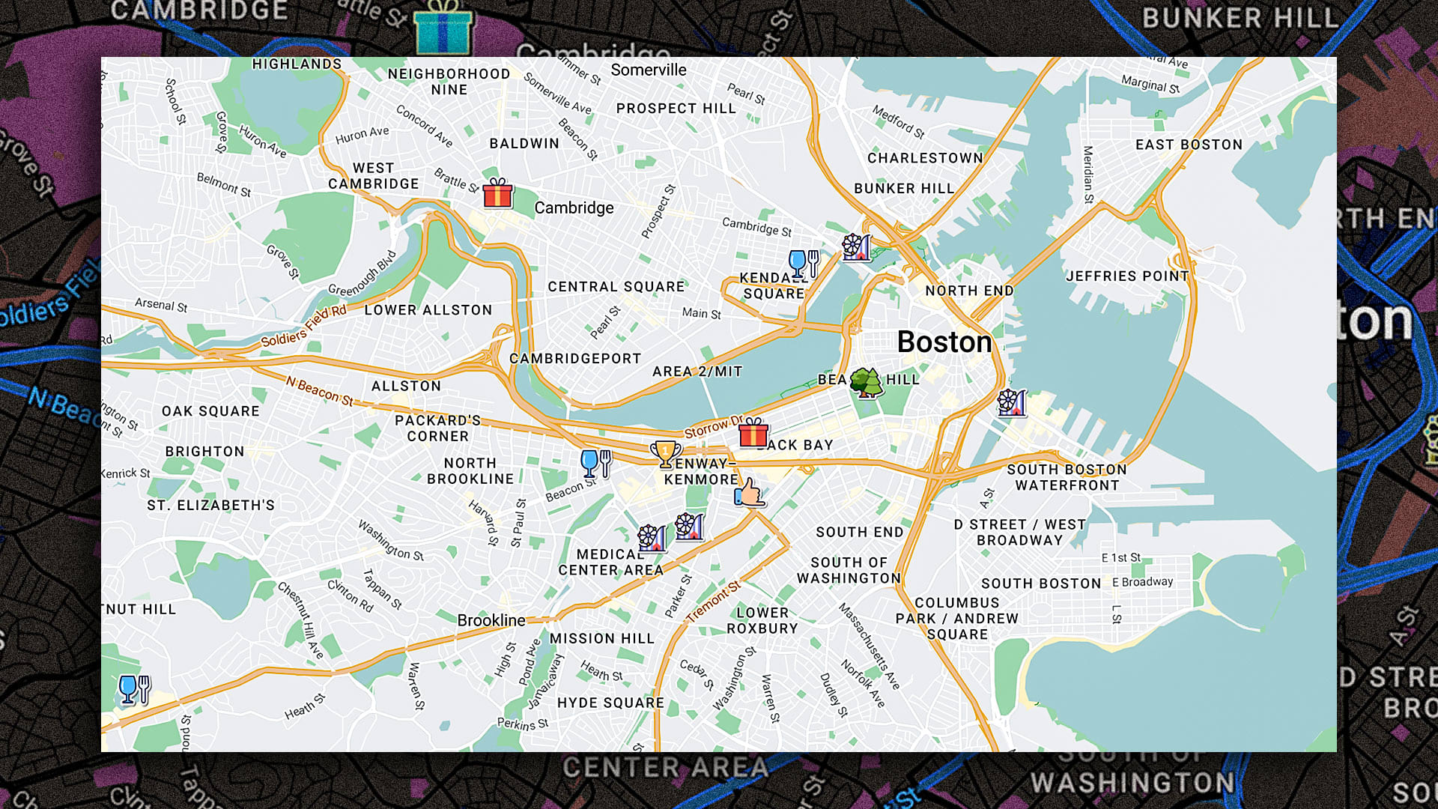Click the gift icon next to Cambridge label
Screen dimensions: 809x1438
(498, 193)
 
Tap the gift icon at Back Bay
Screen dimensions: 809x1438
(753, 433)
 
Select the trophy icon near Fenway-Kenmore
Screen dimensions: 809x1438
(665, 454)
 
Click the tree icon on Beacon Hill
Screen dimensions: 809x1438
(867, 383)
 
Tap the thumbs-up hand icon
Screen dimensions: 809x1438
(749, 494)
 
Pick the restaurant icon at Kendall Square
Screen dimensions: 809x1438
(804, 264)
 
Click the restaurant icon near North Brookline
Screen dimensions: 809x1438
(596, 464)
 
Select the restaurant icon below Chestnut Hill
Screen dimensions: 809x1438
(135, 689)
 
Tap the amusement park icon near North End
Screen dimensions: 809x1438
(857, 247)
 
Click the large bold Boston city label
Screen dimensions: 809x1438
(944, 342)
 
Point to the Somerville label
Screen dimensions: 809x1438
(649, 70)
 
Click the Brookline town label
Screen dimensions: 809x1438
(491, 620)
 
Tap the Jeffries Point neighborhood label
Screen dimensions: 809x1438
(1127, 276)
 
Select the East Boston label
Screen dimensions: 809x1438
(1189, 145)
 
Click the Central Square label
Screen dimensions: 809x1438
(616, 287)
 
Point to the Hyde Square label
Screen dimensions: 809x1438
(610, 703)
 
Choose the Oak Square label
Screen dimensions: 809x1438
(210, 411)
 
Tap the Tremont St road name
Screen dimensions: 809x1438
(713, 602)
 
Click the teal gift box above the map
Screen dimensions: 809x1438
(443, 28)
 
